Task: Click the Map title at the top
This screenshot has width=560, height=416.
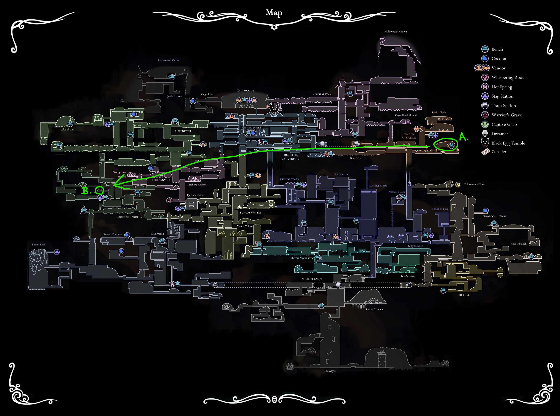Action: [x=274, y=13]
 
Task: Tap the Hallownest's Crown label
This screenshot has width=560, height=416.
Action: [x=395, y=32]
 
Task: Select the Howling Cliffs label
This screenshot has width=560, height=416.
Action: [x=169, y=60]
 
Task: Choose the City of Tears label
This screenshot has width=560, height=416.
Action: [x=289, y=179]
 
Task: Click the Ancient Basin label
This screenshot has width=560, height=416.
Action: [x=311, y=279]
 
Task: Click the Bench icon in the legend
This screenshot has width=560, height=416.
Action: [x=485, y=49]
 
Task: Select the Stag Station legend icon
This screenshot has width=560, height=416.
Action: [x=485, y=96]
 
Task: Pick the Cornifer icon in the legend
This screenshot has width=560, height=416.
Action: [x=486, y=152]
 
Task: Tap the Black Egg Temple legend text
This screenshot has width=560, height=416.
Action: [x=508, y=143]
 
